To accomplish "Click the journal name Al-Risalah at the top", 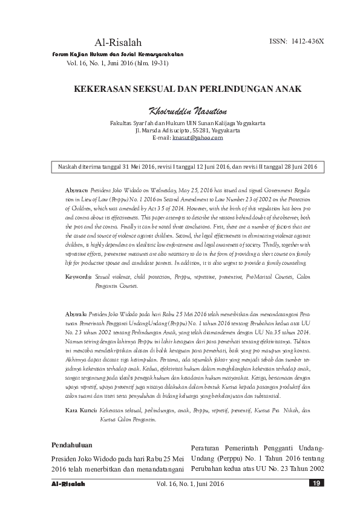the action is pyautogui.click(x=118, y=42).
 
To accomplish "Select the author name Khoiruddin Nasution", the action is pyautogui.click(x=180, y=111).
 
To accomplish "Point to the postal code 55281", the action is pyautogui.click(x=202, y=130).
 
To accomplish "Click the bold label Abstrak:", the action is pyautogui.click(x=76, y=315).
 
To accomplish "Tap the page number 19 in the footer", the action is pyautogui.click(x=316, y=483).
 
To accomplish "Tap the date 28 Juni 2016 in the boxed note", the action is pyautogui.click(x=296, y=166).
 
